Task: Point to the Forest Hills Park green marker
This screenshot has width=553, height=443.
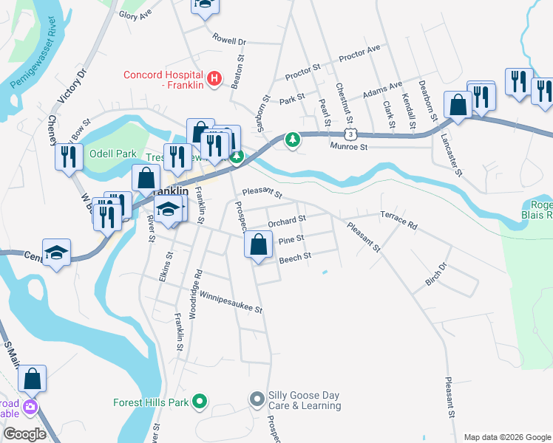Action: pos(199,402)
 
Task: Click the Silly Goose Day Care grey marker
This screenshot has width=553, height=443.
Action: pos(257,399)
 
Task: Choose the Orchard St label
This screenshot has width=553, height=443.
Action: pos(287,221)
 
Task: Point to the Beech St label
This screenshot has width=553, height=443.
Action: pos(295,257)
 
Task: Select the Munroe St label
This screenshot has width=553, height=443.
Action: pos(348,147)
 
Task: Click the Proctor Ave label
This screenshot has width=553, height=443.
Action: pos(359,53)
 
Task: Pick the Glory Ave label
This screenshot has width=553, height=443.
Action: pos(135,14)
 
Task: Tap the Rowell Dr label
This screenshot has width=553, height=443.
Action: pos(228,38)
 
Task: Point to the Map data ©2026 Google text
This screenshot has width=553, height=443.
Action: pos(506,437)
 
